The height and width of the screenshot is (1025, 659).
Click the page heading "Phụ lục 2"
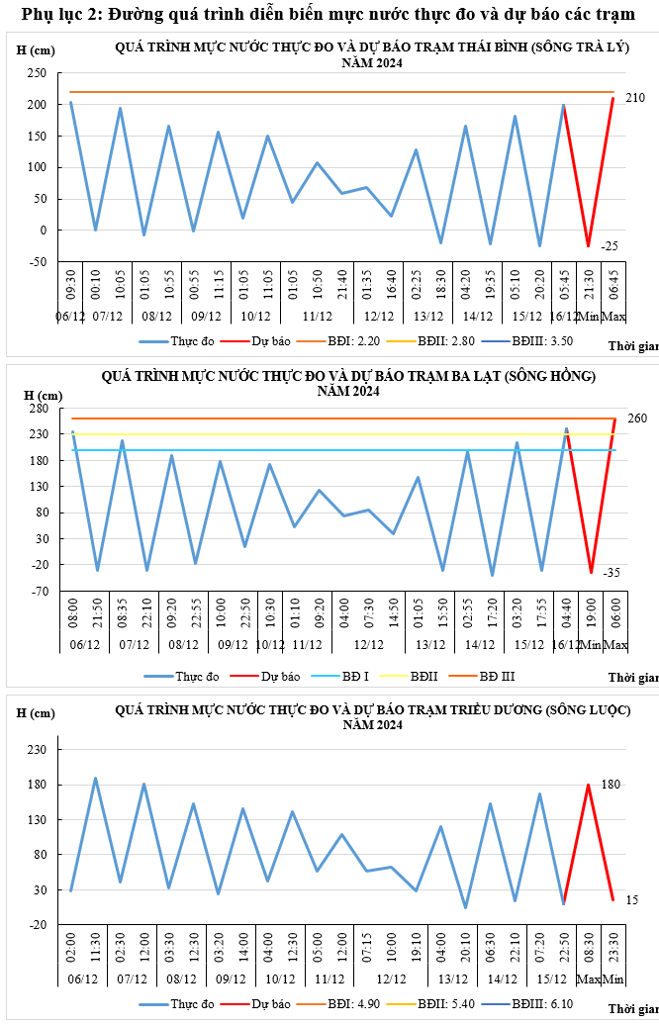click(x=59, y=14)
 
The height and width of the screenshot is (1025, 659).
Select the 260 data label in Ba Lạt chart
click(x=637, y=419)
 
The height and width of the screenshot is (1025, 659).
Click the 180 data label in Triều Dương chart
click(x=611, y=785)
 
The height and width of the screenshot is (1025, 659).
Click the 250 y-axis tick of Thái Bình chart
click(x=37, y=73)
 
